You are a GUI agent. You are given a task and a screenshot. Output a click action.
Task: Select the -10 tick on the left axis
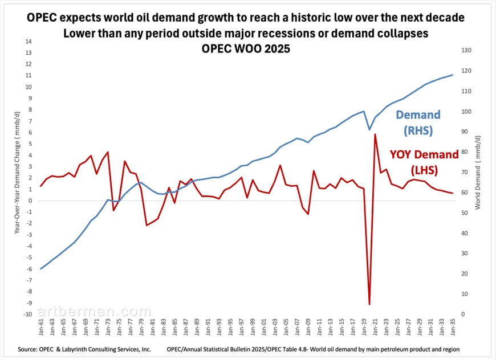[x=26, y=314]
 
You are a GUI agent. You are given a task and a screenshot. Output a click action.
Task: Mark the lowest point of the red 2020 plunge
[x=369, y=304]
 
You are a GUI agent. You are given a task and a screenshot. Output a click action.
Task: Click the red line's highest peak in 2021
[x=375, y=134]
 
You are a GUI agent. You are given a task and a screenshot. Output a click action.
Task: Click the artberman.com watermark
[x=88, y=312]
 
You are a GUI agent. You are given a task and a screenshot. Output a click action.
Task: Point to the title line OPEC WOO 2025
[x=246, y=49]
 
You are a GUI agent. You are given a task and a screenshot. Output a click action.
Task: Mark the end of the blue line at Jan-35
[x=453, y=75]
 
